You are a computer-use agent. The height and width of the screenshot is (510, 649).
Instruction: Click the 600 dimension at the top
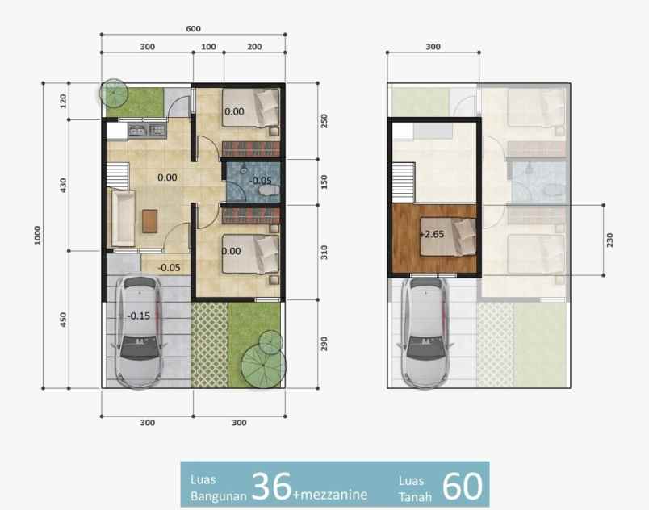coord(193,28)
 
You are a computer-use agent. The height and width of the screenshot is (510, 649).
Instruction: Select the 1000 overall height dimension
coord(37,235)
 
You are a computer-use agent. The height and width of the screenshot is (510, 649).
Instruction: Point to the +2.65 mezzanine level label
coord(432,234)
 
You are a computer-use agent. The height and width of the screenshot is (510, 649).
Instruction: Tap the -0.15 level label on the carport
coord(138,316)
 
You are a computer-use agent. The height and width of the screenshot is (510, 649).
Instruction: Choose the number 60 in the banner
coord(463,485)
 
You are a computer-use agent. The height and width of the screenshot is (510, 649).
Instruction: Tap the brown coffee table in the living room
coord(149,219)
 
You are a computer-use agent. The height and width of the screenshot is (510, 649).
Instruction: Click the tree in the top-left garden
coord(115,94)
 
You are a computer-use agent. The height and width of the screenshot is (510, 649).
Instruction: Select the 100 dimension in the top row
coord(208,47)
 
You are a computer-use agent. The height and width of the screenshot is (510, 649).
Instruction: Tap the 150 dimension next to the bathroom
coord(324,181)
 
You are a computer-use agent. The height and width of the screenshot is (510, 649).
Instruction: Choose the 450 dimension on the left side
coord(64,320)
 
